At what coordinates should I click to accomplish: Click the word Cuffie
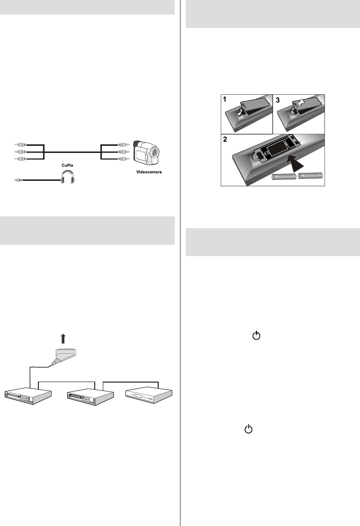[67, 165]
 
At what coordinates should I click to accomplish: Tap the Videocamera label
[149, 172]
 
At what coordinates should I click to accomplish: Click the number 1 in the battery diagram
[225, 99]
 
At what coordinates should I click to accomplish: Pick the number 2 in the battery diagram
[225, 139]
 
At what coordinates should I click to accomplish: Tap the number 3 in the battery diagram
[278, 100]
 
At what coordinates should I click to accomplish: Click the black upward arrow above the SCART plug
[63, 339]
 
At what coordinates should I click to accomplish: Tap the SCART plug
[65, 356]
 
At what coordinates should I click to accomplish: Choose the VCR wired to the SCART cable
[28, 396]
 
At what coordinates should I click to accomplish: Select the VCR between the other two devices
[90, 397]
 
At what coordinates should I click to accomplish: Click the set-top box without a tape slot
[149, 396]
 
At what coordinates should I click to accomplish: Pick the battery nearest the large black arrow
[284, 177]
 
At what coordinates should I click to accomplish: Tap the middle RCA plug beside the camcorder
[124, 152]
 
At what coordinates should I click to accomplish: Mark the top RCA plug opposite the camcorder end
[20, 145]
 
